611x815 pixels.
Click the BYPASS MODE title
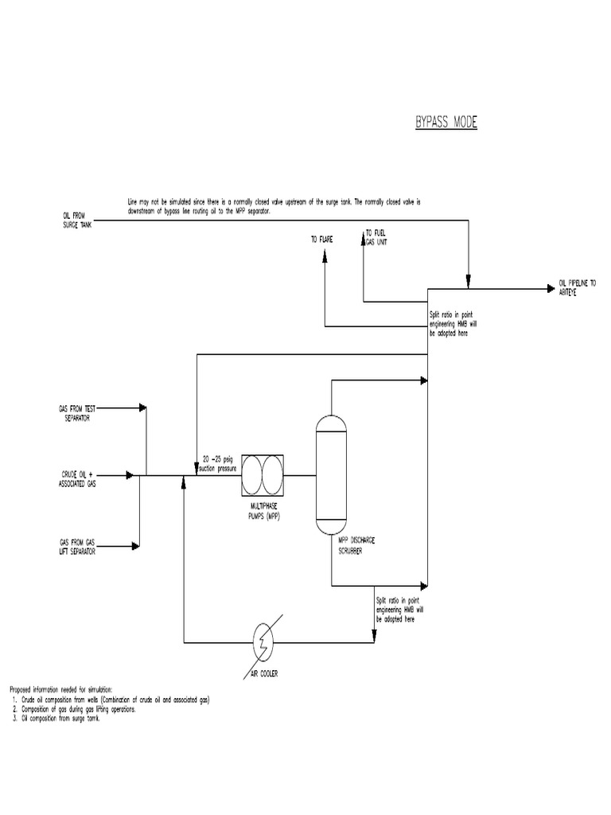click(446, 123)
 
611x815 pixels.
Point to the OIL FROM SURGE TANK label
click(78, 220)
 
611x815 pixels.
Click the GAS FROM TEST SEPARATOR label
click(77, 411)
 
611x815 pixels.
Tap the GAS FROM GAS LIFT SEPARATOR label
click(78, 545)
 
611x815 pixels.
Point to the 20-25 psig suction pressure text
click(218, 465)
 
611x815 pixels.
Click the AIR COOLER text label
click(257, 673)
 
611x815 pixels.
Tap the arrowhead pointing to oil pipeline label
click(543, 287)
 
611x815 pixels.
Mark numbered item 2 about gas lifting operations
click(78, 708)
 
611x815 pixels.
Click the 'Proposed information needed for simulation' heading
click(61, 688)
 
